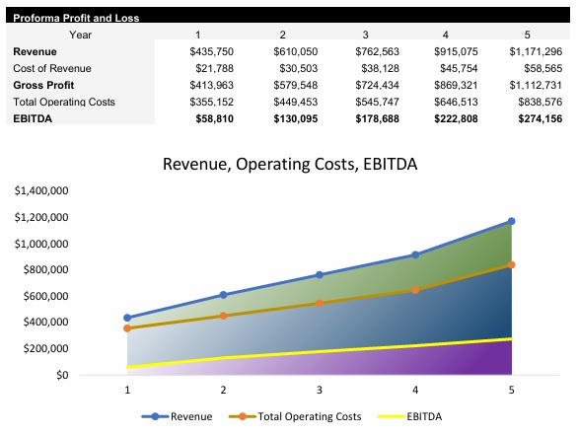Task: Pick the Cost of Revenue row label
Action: click(x=51, y=67)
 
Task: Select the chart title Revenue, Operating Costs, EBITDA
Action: click(x=290, y=165)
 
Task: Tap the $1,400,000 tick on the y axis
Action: click(x=41, y=190)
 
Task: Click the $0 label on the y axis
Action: click(x=61, y=375)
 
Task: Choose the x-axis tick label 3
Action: click(x=319, y=391)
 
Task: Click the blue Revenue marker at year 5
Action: click(x=511, y=221)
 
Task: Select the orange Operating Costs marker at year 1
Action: click(x=126, y=327)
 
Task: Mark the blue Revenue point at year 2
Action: click(x=223, y=295)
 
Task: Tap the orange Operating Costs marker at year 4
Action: click(x=415, y=290)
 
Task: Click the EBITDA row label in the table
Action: click(x=34, y=117)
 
